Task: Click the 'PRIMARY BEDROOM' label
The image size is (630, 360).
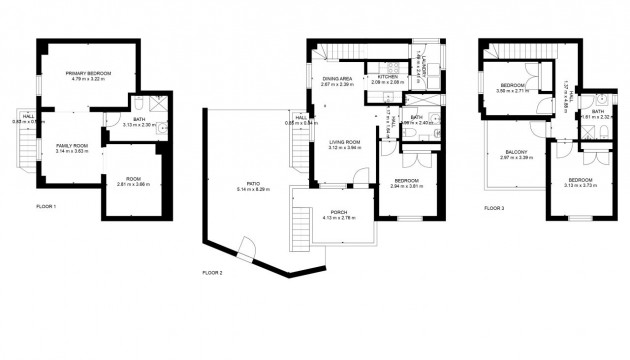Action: point(88,74)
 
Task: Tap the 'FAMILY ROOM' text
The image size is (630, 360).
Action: point(72,146)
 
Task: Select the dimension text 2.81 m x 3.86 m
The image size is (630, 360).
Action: point(132,185)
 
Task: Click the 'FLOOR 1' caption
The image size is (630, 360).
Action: point(46,206)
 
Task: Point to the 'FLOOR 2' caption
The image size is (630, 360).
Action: point(212,272)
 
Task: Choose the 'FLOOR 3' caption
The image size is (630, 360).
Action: point(494,208)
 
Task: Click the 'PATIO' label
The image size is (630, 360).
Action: point(254,183)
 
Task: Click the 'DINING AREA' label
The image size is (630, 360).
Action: point(337,78)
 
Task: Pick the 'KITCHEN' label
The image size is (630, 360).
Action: point(388,77)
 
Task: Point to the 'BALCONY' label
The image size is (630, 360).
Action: point(502,152)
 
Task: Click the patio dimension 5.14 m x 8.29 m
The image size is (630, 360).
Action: point(254,189)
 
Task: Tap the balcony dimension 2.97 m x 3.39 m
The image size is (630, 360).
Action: point(502,158)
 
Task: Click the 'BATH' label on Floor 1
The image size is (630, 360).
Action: point(141,119)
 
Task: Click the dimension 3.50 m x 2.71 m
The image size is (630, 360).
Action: point(513,91)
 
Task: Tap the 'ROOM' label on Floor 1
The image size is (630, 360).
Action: point(132,179)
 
